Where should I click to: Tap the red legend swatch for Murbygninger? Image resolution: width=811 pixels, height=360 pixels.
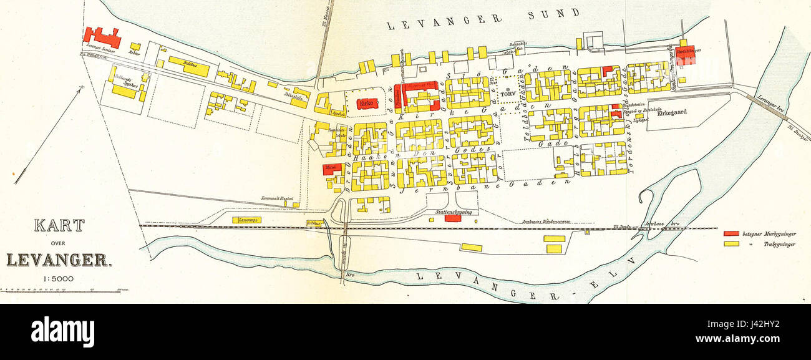[x=731, y=233]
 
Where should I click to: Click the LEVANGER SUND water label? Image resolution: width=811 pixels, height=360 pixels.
[x=483, y=19]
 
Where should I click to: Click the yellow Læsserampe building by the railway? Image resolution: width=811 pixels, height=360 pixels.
[x=246, y=220]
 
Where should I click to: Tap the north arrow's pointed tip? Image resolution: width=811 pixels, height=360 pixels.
[x=81, y=89]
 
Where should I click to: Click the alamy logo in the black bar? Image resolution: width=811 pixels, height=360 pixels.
[x=62, y=331]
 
